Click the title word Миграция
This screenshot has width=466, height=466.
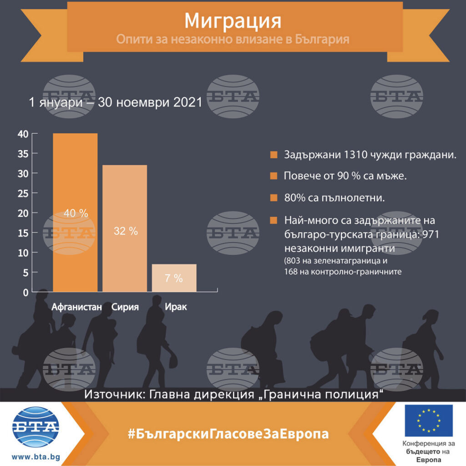233,20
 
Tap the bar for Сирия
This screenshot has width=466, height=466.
125,228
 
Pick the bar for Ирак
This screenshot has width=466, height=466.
174,278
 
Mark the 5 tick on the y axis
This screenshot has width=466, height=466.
25,272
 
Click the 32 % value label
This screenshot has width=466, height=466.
125,231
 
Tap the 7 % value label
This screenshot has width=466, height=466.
173,279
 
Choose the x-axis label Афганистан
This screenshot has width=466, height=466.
76,307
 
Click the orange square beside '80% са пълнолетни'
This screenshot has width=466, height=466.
274,198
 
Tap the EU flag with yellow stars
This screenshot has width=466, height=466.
429,420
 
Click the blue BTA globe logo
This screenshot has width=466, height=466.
36,427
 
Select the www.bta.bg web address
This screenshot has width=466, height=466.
36,456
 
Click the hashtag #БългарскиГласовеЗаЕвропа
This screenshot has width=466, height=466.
228,434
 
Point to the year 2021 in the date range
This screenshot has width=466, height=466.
187,102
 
